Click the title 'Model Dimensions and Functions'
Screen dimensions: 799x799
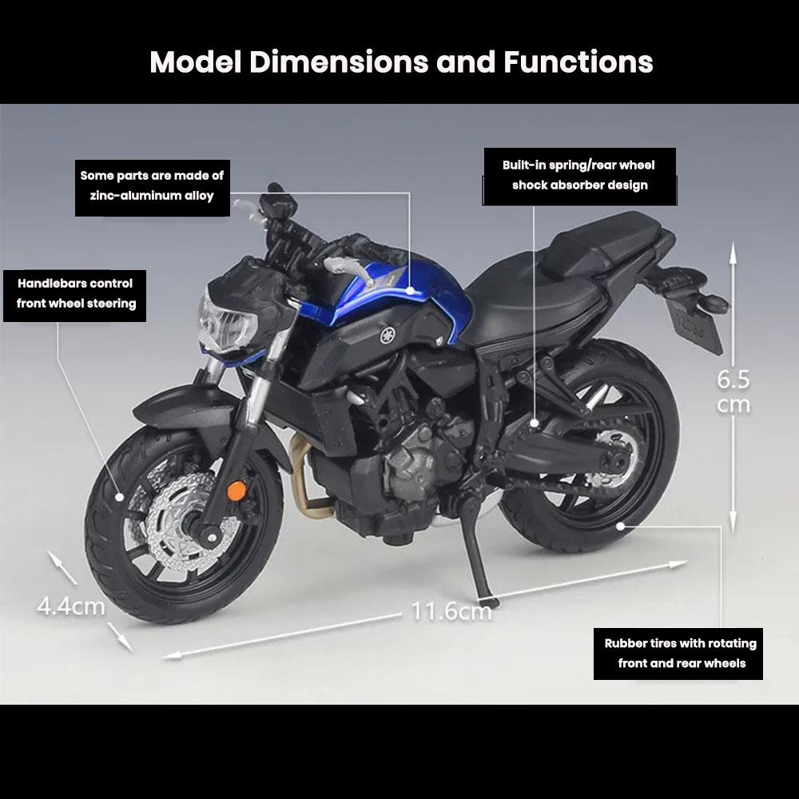401,62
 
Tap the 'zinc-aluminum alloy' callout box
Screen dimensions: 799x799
152,185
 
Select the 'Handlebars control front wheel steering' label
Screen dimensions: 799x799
76,293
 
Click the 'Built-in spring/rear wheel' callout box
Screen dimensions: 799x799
578,175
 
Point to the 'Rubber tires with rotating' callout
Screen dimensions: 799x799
680,653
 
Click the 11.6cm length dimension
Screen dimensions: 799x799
451,613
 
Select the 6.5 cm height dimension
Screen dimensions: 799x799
733,392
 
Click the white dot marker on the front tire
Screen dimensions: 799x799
121,496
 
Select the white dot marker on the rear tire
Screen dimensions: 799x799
621,525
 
